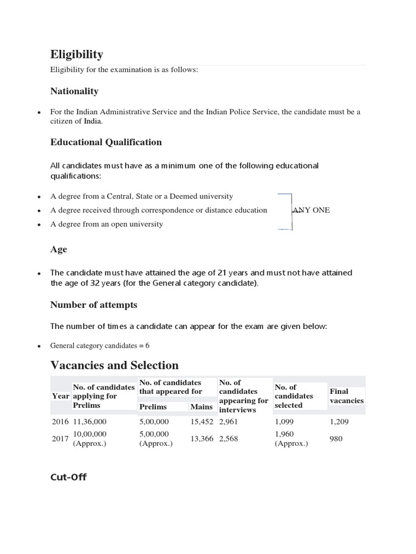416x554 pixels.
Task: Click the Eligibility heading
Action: (x=76, y=54)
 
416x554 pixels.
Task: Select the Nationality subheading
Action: (x=74, y=91)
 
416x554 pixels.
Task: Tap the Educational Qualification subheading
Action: (x=106, y=142)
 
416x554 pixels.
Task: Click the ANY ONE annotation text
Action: (x=311, y=210)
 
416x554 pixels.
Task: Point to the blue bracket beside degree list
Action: (x=290, y=212)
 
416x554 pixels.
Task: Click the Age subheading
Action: (x=58, y=249)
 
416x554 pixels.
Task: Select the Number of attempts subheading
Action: (x=94, y=305)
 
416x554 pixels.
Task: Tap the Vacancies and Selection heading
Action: (x=114, y=365)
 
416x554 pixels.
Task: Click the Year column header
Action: (x=61, y=396)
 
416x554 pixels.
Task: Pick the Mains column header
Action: (x=201, y=406)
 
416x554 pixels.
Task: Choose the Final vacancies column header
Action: (x=347, y=396)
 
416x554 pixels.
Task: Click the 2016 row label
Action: (x=61, y=421)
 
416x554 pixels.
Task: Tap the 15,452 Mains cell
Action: (x=202, y=421)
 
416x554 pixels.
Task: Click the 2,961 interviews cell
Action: (x=230, y=421)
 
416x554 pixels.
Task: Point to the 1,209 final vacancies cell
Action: (x=339, y=421)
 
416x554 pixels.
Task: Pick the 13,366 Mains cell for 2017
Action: (x=202, y=439)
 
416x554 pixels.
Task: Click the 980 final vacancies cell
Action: (x=336, y=439)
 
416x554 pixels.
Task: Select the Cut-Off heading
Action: (x=68, y=477)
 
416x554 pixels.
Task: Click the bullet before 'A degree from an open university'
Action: (x=39, y=225)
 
